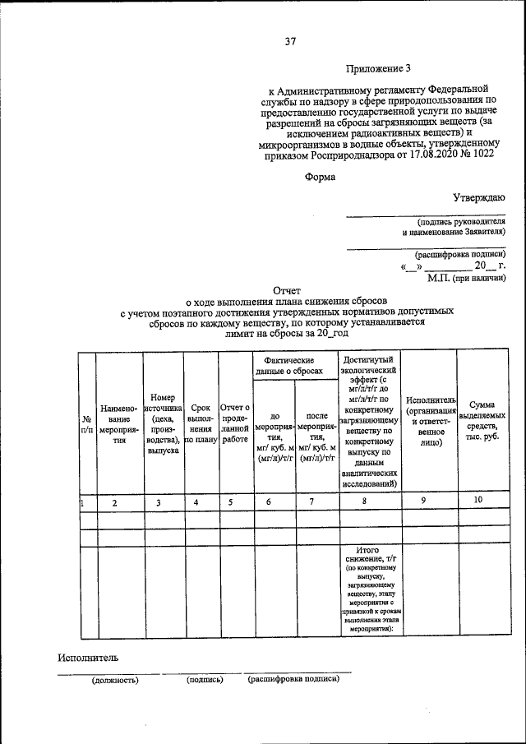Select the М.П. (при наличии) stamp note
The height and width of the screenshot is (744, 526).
pyautogui.click(x=466, y=278)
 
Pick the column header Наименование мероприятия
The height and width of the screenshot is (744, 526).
pyautogui.click(x=120, y=423)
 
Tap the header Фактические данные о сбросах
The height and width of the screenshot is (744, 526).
pyautogui.click(x=293, y=367)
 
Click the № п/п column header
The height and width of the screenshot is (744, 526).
pyautogui.click(x=86, y=423)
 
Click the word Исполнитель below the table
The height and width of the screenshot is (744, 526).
pyautogui.click(x=88, y=657)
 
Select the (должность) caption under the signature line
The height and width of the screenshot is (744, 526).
pyautogui.click(x=115, y=680)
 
